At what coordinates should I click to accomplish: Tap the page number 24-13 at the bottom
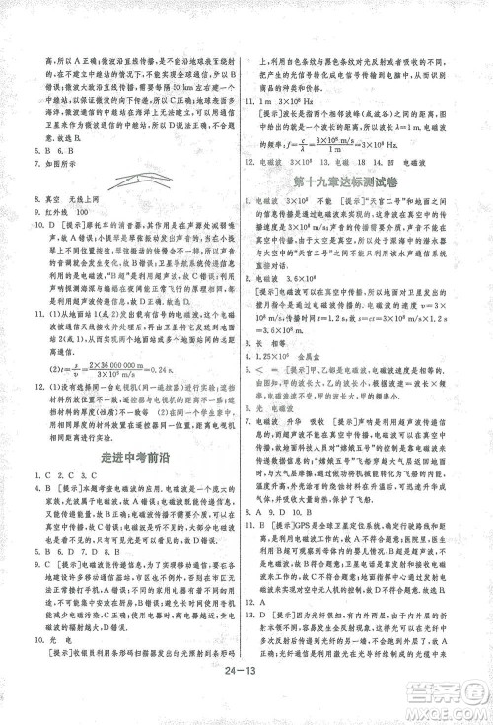pos(246,674)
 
